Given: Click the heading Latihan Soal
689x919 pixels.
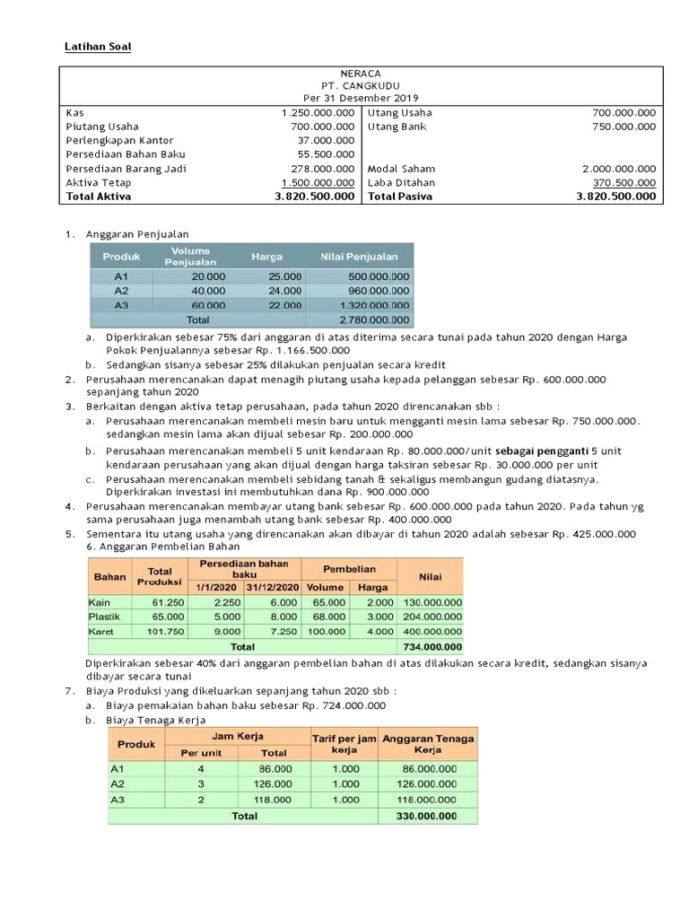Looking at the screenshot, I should (x=96, y=46).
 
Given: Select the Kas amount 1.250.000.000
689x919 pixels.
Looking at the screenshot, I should (x=318, y=113).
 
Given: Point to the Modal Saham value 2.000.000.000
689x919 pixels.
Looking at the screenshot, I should (x=618, y=169).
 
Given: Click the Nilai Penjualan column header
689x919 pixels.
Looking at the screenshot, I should (x=359, y=257).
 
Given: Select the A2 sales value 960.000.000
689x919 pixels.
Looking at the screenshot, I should (x=377, y=291).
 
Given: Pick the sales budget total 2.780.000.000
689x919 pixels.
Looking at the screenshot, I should (x=374, y=319).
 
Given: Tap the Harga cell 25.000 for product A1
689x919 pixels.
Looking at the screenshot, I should (x=284, y=276).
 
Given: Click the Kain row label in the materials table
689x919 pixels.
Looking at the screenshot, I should (x=99, y=602).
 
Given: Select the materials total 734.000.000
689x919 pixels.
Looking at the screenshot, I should (x=432, y=646).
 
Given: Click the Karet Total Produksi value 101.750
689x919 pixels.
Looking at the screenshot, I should (x=168, y=631).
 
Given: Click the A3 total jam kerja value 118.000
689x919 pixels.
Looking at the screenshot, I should (x=275, y=799).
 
